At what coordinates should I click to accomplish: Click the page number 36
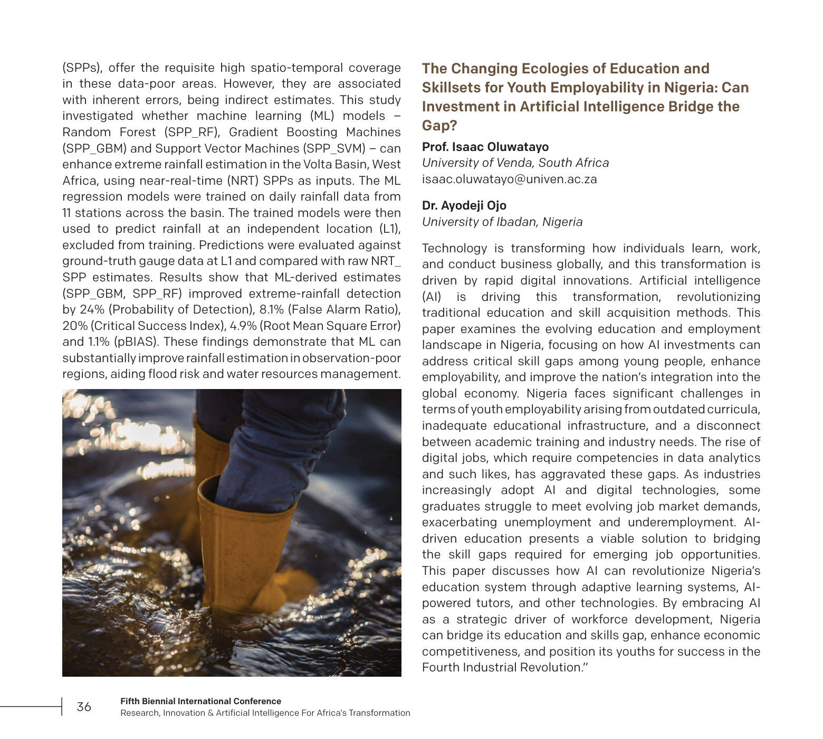(x=84, y=707)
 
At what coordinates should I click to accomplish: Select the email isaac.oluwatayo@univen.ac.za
(x=509, y=179)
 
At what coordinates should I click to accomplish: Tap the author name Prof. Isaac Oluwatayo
(x=485, y=147)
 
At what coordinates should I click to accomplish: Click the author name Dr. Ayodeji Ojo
(x=464, y=205)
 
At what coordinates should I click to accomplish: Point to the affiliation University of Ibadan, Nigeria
(x=502, y=222)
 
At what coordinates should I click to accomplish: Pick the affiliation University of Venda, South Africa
(x=515, y=163)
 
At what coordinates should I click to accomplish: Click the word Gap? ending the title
(x=439, y=126)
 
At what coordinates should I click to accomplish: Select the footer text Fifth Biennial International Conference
(x=200, y=701)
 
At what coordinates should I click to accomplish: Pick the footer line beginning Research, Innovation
(x=265, y=713)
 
